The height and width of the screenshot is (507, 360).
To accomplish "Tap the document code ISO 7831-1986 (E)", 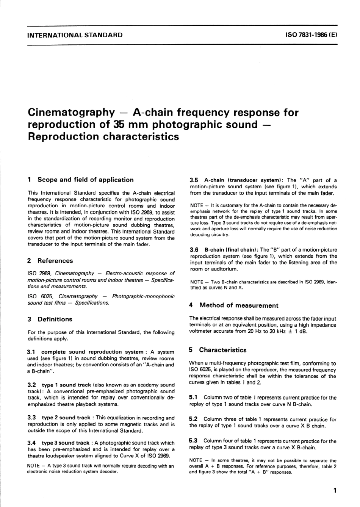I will coord(311,35).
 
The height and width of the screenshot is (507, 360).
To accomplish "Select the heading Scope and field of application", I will coord(85,180).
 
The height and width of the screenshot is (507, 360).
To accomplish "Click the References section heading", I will coord(55,261).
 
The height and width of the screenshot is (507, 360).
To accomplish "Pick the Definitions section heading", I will coord(55,319).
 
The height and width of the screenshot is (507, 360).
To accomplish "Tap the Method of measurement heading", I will coord(238,305).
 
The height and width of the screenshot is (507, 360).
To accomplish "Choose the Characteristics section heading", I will coord(222,350).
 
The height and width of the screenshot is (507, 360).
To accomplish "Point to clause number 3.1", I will coord(32,352).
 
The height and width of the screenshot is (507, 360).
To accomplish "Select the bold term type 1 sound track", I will coord(66,385).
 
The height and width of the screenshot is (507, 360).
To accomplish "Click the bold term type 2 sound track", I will coord(66,418).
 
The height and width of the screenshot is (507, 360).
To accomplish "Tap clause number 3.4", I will coord(32,443).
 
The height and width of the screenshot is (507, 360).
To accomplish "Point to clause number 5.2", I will coord(193,419).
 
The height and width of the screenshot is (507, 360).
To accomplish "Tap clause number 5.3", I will coord(193,441).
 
